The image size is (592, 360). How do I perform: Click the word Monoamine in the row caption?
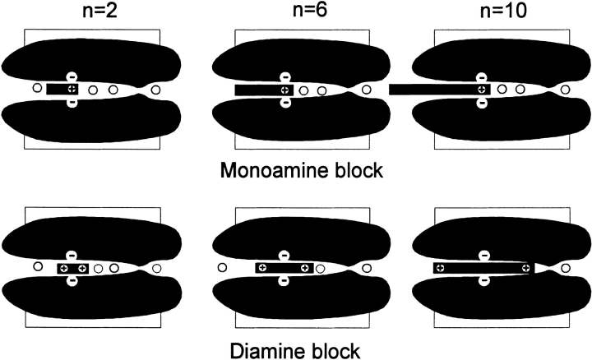tap(262, 172)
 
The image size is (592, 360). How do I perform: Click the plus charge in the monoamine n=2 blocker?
tap(72, 89)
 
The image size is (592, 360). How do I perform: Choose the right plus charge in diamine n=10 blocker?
tap(525, 269)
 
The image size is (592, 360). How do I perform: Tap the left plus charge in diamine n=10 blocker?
tap(440, 269)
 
